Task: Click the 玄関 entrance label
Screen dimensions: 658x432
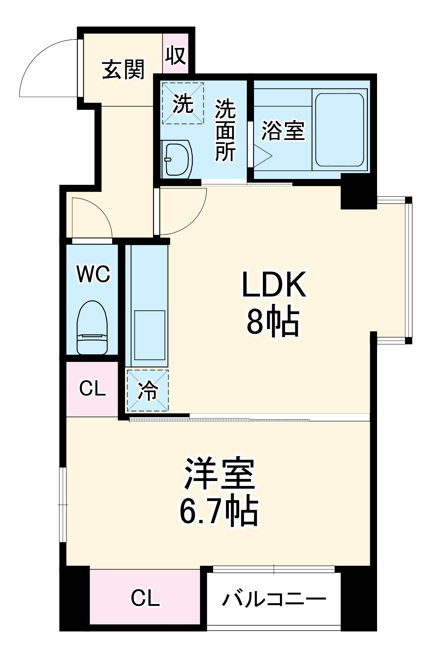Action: tap(123, 70)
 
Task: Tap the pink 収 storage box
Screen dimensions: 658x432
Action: tap(175, 55)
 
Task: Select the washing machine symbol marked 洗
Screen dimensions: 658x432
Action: tap(183, 103)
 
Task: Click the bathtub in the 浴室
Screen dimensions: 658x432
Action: tap(340, 130)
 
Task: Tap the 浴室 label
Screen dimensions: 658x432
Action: tap(283, 131)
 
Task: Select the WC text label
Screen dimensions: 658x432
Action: tap(93, 274)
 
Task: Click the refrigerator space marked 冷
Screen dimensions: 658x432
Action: tap(148, 391)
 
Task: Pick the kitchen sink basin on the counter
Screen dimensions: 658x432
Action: tap(150, 335)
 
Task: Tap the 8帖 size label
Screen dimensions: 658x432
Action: tap(273, 322)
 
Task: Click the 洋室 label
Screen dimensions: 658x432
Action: tap(219, 474)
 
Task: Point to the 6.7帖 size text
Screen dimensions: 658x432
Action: tap(219, 511)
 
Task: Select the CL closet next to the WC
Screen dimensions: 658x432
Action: tap(92, 389)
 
